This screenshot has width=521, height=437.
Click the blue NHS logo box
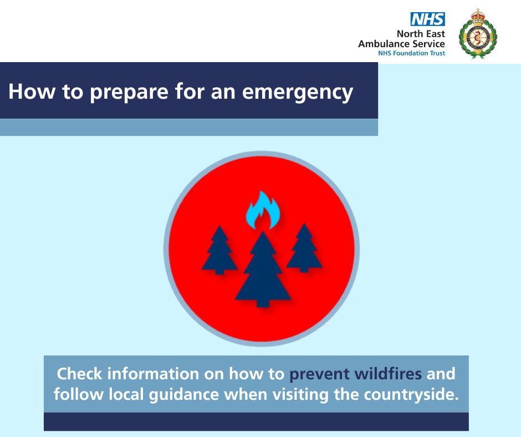tap(428, 19)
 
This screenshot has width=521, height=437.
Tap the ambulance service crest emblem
tap(478, 34)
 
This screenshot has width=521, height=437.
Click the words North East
tap(421, 34)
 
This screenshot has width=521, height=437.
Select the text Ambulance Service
tap(401, 44)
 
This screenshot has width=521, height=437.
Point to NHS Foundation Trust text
tap(411, 53)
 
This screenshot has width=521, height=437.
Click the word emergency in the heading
tap(298, 93)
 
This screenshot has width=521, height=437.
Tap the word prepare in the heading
tap(129, 93)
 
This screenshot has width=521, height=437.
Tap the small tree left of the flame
tap(219, 250)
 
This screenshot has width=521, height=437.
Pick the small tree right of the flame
tap(304, 248)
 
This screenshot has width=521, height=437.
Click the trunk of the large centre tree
tap(263, 303)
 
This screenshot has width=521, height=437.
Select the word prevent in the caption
tap(319, 374)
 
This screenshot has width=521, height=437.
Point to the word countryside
tap(411, 395)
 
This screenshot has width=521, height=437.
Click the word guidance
tap(184, 395)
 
